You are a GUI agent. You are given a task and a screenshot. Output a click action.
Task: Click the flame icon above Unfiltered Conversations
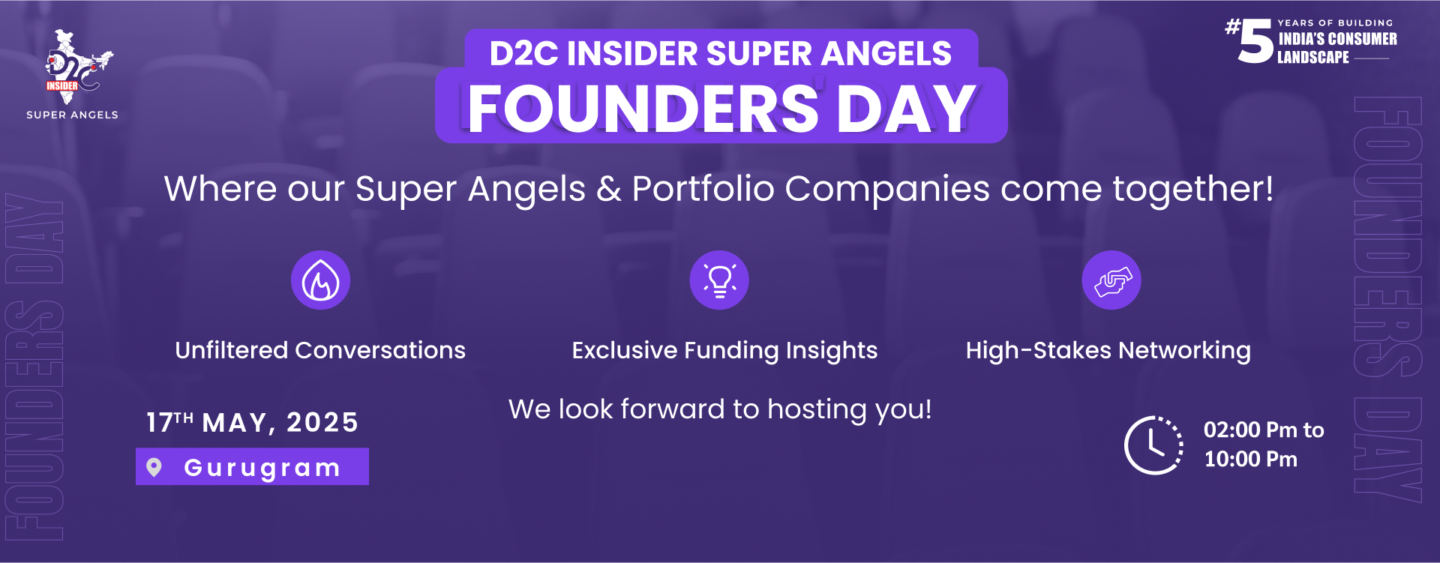(320, 280)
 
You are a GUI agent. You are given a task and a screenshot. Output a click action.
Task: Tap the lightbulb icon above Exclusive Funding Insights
(719, 280)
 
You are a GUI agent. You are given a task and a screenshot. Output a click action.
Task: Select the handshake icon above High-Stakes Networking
(1111, 280)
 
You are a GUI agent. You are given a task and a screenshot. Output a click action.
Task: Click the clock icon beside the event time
(1153, 445)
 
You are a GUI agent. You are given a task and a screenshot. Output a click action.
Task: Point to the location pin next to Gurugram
(154, 467)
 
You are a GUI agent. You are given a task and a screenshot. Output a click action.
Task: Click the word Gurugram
(262, 468)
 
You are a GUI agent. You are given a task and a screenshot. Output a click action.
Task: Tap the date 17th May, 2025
(252, 422)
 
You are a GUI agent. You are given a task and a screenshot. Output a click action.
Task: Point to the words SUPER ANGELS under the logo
(72, 115)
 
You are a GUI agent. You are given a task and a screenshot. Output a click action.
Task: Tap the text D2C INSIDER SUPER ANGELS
(721, 53)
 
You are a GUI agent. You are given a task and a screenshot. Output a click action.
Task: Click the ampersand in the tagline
(608, 189)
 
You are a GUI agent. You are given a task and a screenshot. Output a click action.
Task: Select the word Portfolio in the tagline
(703, 189)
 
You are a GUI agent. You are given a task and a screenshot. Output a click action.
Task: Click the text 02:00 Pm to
(1264, 430)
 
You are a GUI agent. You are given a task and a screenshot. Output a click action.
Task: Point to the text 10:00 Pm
(1250, 459)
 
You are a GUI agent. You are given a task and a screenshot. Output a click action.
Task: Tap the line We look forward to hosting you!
(720, 409)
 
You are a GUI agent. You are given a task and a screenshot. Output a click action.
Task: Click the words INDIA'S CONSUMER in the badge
(1337, 39)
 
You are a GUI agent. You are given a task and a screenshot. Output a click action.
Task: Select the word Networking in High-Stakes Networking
(1185, 351)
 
